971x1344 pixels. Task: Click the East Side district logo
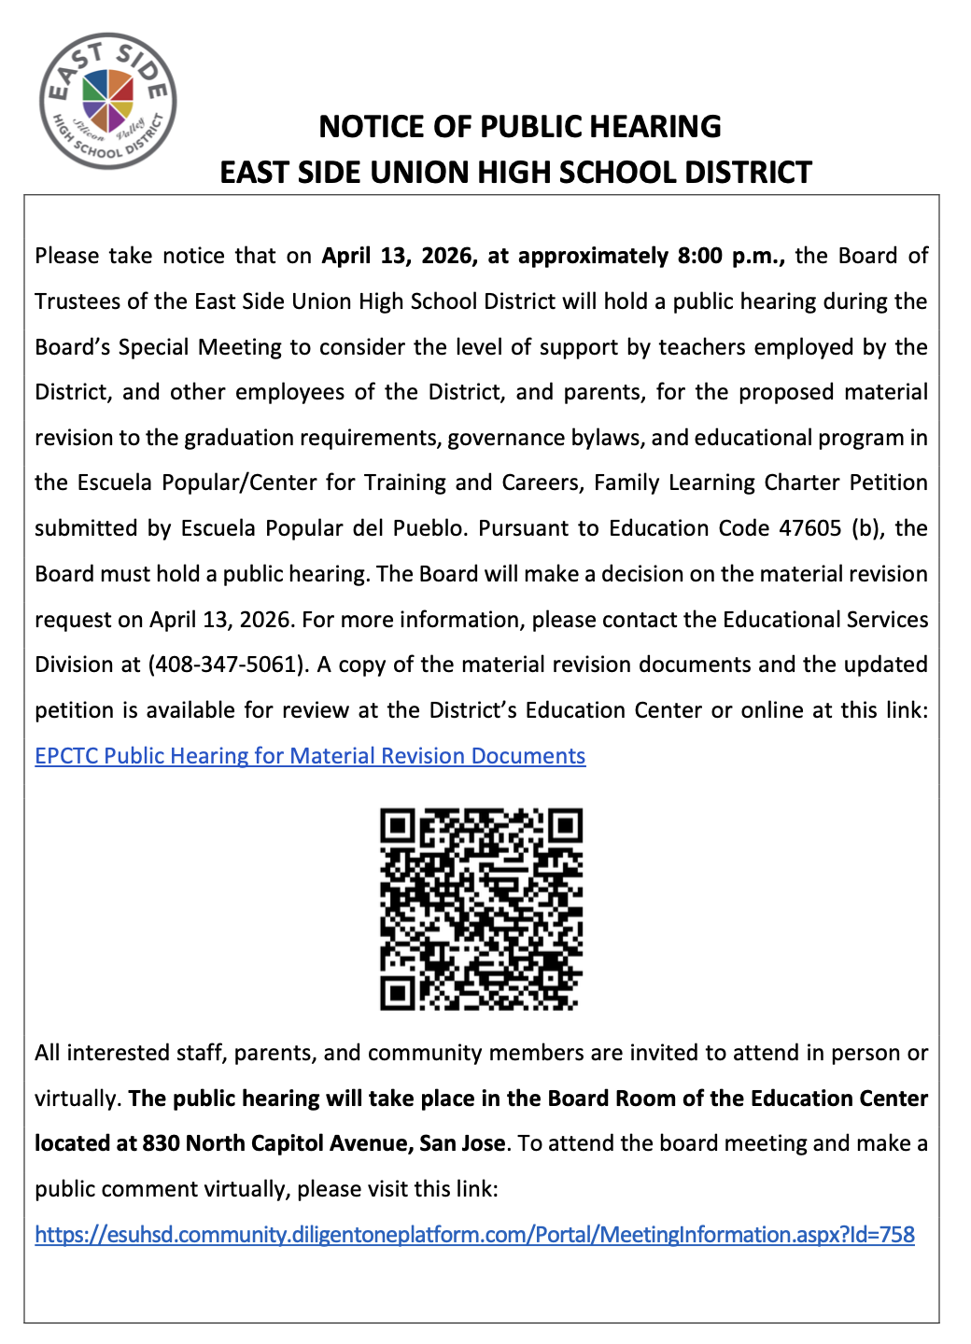pyautogui.click(x=107, y=101)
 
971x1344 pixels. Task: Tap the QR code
pyautogui.click(x=481, y=909)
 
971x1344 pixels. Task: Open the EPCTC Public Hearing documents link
pyautogui.click(x=310, y=756)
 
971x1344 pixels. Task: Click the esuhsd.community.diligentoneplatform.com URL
pyautogui.click(x=474, y=1235)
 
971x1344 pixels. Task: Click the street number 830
pyautogui.click(x=161, y=1143)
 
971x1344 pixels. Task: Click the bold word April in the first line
pyautogui.click(x=349, y=256)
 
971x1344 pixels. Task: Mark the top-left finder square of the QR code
pyautogui.click(x=398, y=826)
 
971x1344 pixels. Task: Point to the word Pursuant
pyautogui.click(x=526, y=528)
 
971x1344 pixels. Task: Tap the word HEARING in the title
pyautogui.click(x=652, y=127)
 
